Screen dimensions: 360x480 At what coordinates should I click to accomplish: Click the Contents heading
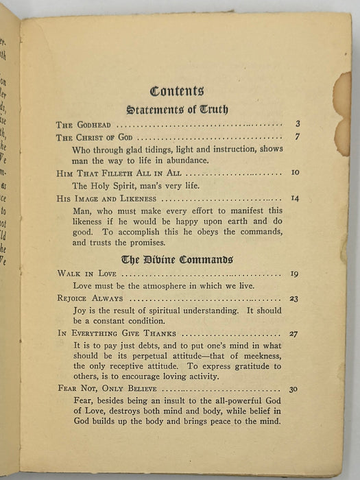(x=177, y=90)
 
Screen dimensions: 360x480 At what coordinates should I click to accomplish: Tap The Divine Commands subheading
(x=177, y=259)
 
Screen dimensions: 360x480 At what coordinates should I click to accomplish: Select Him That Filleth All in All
(x=119, y=173)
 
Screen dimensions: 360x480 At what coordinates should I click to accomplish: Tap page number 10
(x=296, y=173)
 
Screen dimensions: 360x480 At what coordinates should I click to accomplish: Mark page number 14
(x=296, y=198)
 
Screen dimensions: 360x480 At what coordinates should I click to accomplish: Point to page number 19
(x=294, y=274)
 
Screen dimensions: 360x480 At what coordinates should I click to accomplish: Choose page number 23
(x=294, y=299)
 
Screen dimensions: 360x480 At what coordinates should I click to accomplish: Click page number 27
(x=294, y=334)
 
